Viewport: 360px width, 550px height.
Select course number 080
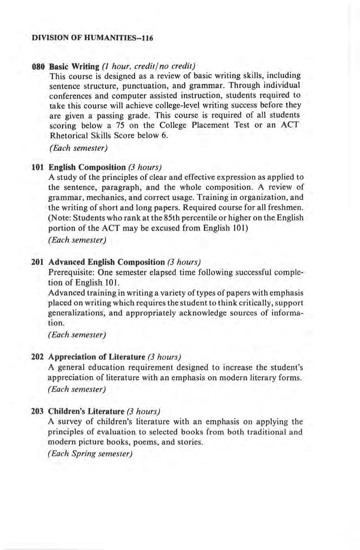38,66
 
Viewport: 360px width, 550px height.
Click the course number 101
38,167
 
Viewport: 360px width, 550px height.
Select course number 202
38,357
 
